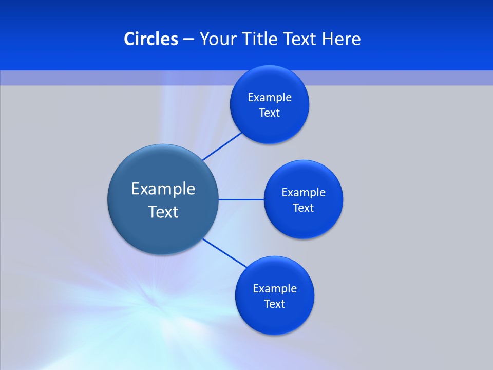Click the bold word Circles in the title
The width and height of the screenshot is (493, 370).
pyautogui.click(x=150, y=39)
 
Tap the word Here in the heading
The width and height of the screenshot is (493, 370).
pyautogui.click(x=341, y=39)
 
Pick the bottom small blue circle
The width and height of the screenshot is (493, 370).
pyautogui.click(x=275, y=319)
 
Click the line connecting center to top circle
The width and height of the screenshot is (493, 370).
pyautogui.click(x=222, y=146)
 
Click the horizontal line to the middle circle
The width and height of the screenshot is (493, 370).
pyautogui.click(x=241, y=199)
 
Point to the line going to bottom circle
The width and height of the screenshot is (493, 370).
pyautogui.click(x=226, y=253)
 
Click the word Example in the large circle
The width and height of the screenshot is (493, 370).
pyautogui.click(x=163, y=189)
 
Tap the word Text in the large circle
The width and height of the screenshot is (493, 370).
pyautogui.click(x=163, y=212)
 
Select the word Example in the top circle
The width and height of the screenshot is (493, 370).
pyautogui.click(x=270, y=98)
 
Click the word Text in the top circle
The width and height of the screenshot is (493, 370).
pyautogui.click(x=270, y=113)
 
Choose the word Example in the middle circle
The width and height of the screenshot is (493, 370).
pyautogui.click(x=304, y=193)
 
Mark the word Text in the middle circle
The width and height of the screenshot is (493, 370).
pyautogui.click(x=304, y=208)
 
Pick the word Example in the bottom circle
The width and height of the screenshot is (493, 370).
pyautogui.click(x=275, y=289)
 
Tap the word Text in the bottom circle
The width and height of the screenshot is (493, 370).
pyautogui.click(x=275, y=304)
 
